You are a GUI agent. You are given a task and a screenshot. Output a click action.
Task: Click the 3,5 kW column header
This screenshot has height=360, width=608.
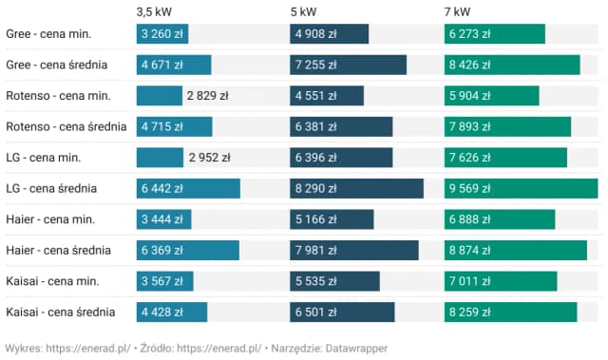point(155,11)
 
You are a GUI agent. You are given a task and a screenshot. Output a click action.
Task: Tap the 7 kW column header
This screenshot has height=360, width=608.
point(457,11)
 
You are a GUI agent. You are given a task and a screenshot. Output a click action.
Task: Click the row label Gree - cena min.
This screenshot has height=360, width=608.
point(48,34)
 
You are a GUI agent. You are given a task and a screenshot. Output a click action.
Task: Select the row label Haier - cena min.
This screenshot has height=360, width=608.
point(50,219)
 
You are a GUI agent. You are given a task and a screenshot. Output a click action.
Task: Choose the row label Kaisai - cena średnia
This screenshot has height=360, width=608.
point(61,312)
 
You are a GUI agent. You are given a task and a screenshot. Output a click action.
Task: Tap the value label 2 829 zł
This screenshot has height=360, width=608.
point(208,96)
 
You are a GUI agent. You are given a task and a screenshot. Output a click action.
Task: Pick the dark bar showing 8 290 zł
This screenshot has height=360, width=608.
point(356,188)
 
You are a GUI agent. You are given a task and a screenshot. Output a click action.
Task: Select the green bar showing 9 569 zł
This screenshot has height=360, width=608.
point(521,188)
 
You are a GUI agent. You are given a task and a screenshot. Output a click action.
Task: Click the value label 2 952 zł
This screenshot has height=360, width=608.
point(210,158)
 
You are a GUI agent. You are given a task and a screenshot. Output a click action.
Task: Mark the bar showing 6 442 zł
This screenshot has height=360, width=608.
point(188,188)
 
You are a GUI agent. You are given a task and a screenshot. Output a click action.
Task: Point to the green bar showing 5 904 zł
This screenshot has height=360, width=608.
point(491,96)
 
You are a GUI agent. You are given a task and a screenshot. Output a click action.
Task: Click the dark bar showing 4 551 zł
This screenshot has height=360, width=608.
point(327,96)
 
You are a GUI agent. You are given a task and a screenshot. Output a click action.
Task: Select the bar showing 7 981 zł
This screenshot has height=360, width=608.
point(354,250)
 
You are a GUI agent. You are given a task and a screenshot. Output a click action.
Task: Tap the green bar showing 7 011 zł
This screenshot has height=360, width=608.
point(501,281)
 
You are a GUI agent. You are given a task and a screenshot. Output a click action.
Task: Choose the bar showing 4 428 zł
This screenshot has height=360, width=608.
point(172,312)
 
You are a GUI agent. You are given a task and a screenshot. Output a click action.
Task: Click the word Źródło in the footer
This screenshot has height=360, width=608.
point(152,349)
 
